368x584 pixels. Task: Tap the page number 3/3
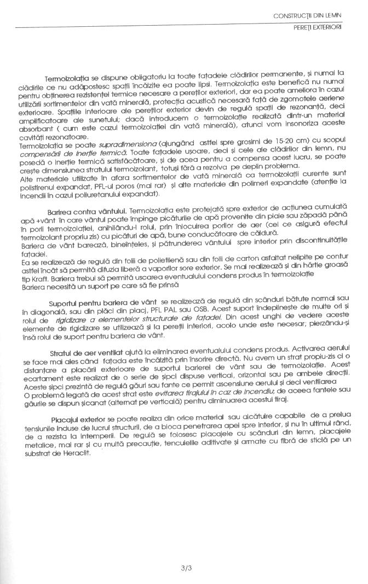pyautogui.click(x=184, y=553)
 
